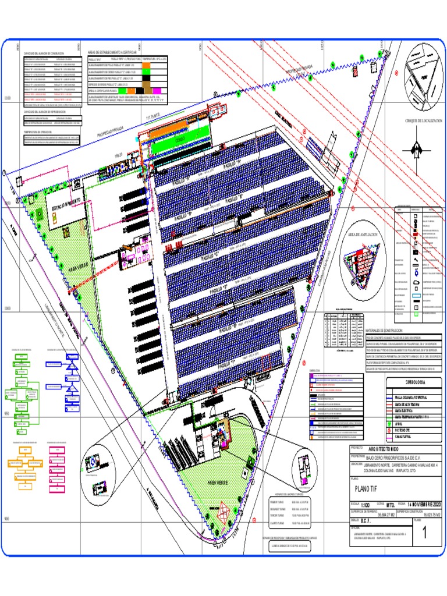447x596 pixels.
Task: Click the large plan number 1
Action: (424, 532)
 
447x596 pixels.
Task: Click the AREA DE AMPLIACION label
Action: (363, 235)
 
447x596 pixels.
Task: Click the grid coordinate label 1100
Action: (7, 99)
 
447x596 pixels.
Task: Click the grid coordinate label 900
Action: (7, 519)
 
